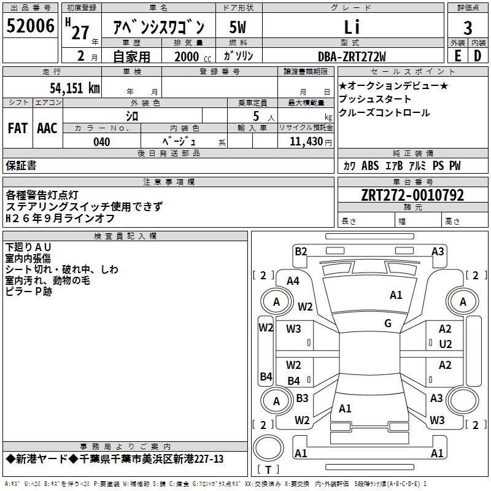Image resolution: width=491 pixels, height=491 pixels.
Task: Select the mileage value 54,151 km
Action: (74, 88)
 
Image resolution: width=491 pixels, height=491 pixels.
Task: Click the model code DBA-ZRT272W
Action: (352, 56)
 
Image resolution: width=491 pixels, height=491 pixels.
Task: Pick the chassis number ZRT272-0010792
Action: (412, 195)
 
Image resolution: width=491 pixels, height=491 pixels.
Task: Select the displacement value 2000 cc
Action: (188, 56)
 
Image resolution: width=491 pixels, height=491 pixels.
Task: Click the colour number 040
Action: (102, 142)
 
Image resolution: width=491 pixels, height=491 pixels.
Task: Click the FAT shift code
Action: (18, 128)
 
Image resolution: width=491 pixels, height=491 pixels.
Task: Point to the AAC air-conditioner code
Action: (47, 128)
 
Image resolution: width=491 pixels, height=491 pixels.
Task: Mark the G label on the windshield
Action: (387, 323)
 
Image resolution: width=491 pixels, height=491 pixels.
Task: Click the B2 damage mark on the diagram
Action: (300, 251)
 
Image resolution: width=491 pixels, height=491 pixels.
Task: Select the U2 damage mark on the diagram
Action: (445, 344)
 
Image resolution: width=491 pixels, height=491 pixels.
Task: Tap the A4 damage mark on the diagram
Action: (293, 280)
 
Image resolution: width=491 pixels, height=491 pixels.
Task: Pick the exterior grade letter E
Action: (457, 56)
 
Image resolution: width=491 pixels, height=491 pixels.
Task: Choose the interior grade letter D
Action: (477, 56)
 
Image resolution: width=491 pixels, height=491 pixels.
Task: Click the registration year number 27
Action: (80, 33)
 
